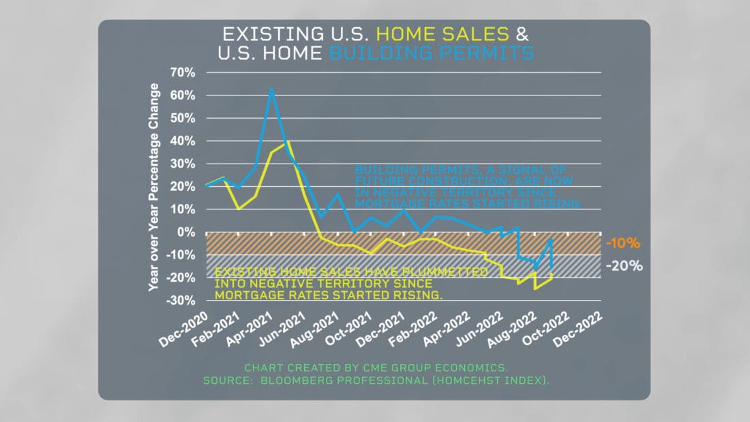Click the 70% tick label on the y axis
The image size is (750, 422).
(x=183, y=72)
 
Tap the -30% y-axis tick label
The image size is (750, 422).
(x=181, y=301)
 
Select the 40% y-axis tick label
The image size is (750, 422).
(x=183, y=141)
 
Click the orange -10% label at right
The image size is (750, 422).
(x=622, y=243)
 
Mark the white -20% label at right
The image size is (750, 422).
(x=624, y=266)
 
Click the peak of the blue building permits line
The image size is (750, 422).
(x=271, y=88)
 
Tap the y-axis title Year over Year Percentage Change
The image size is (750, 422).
(x=155, y=187)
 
